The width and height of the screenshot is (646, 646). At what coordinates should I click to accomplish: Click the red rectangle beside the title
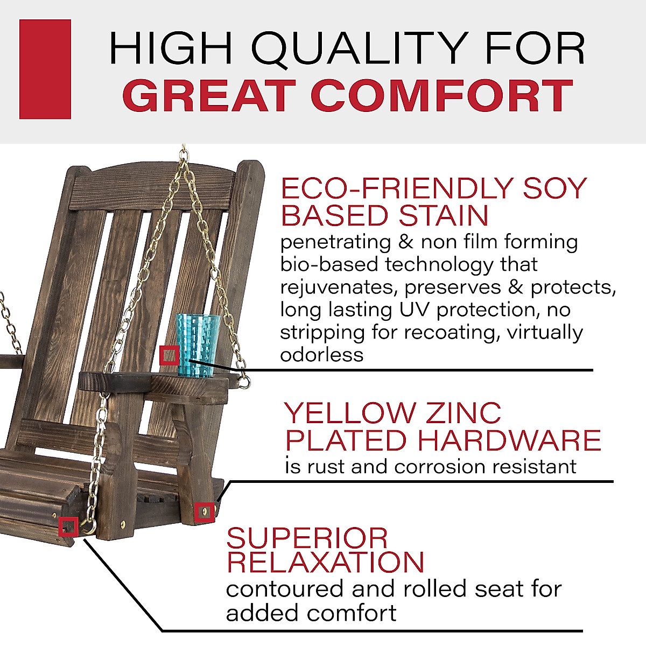pos(45,69)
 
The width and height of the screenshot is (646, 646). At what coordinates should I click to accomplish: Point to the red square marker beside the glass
pos(170,356)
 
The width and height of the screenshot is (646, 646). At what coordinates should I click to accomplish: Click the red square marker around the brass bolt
pos(205,512)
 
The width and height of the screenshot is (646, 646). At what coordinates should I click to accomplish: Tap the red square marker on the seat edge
pos(68,526)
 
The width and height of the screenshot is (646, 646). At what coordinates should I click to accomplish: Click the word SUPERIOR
pos(307,538)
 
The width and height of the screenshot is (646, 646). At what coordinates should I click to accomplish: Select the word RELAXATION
pos(325,562)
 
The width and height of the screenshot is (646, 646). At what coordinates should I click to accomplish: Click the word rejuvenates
pos(338,288)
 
